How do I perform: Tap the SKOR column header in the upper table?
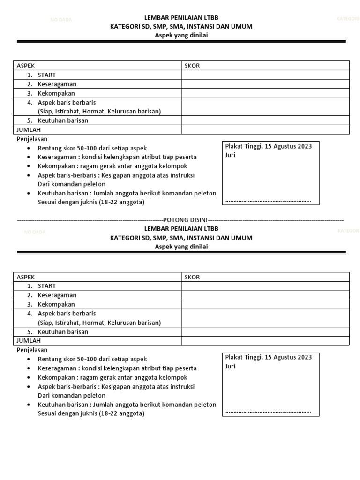click(x=192, y=66)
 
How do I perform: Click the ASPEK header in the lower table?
click(x=26, y=277)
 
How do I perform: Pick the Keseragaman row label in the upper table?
click(x=57, y=84)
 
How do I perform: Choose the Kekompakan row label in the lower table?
click(x=56, y=304)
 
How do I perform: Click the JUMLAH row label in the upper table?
click(x=29, y=130)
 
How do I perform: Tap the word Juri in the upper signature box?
click(x=230, y=155)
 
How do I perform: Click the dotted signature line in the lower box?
click(x=268, y=412)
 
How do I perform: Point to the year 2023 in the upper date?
click(x=304, y=146)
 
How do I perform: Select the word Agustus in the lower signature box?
click(x=284, y=357)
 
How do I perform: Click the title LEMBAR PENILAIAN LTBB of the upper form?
click(x=181, y=18)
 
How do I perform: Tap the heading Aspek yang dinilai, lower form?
click(x=181, y=247)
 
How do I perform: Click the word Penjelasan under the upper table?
click(x=32, y=139)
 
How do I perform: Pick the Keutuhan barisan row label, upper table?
click(x=63, y=120)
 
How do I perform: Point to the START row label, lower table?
click(x=47, y=286)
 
